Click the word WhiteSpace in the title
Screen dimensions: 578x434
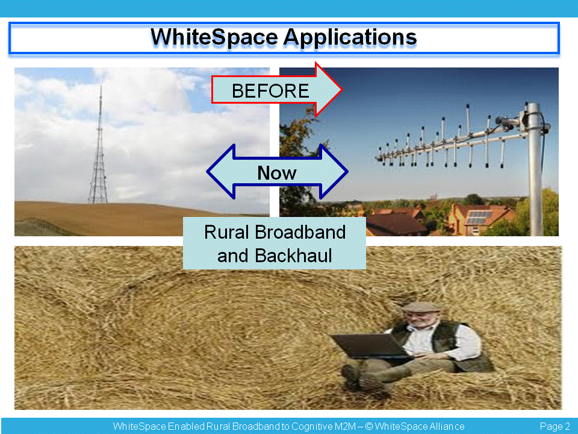[214, 37]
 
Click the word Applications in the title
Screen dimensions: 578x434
[350, 38]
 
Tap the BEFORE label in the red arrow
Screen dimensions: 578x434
[270, 91]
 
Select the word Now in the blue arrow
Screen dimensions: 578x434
[276, 173]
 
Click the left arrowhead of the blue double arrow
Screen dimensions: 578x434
[220, 172]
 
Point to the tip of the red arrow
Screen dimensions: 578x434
[343, 89]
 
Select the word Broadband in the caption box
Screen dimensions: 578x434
[300, 232]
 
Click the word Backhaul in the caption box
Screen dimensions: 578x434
[293, 256]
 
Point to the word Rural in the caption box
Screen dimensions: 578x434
[227, 232]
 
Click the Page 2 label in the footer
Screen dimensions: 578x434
[555, 427]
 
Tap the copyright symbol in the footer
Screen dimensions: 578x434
[369, 426]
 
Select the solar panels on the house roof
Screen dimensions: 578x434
[479, 217]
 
